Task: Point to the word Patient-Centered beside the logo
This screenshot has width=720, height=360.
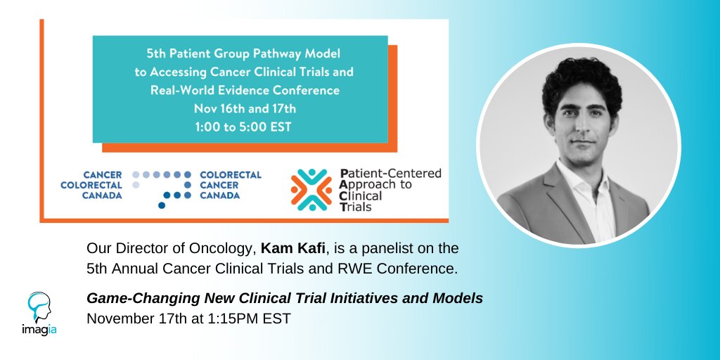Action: click(x=391, y=173)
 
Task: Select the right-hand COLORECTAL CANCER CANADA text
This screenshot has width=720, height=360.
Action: click(x=231, y=185)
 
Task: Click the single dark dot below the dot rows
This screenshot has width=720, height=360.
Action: click(x=162, y=206)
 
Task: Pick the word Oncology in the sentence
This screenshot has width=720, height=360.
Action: click(x=211, y=248)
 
